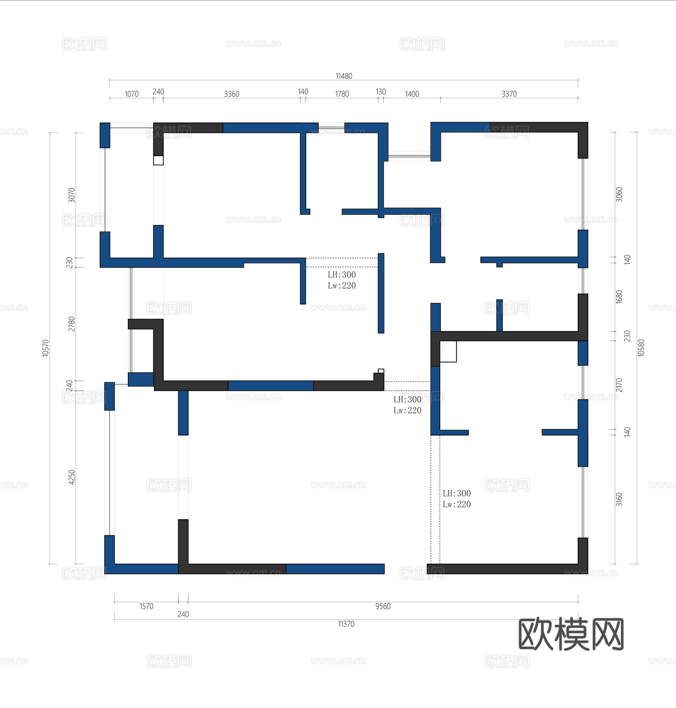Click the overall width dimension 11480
click(x=344, y=76)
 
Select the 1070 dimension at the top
click(x=132, y=94)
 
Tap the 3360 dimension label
click(x=232, y=94)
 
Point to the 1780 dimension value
click(x=342, y=94)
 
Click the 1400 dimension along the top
click(x=412, y=94)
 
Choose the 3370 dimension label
click(x=509, y=94)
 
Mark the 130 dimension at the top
click(x=381, y=92)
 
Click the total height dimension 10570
click(x=46, y=348)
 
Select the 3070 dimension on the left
click(x=72, y=195)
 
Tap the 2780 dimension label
click(x=72, y=324)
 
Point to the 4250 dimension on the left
click(x=72, y=477)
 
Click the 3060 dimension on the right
click(x=619, y=194)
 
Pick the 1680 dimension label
click(x=619, y=297)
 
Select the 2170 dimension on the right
click(x=619, y=385)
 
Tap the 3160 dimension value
click(x=619, y=499)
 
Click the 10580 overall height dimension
click(x=641, y=348)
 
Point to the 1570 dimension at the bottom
click(x=146, y=606)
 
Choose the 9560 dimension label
click(x=383, y=606)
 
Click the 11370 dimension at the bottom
click(x=346, y=624)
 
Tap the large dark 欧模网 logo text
click(x=571, y=634)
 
